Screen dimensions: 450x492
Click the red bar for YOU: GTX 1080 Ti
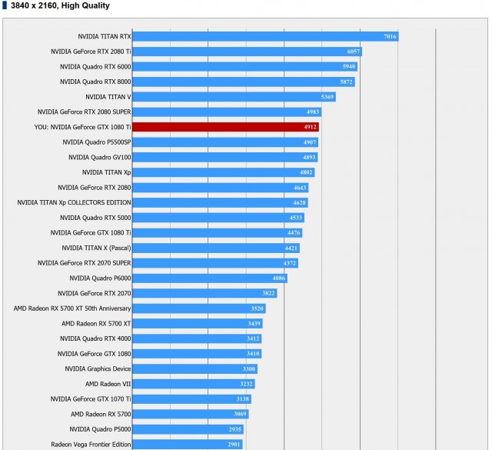pos(226,127)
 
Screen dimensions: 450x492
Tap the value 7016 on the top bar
pos(390,36)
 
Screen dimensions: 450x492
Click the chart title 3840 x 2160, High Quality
pos(60,5)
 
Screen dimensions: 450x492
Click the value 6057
pos(354,52)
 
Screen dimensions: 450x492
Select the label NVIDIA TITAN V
pos(108,97)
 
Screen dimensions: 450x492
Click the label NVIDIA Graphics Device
pos(98,368)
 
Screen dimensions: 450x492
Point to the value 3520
pos(258,308)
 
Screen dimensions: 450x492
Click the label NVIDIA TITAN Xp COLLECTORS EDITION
pos(74,202)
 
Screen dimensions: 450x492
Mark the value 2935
pos(235,429)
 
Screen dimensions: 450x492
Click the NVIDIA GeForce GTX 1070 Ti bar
pos(192,398)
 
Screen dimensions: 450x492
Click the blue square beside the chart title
pos(5,5)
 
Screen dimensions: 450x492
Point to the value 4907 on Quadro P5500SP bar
pos(310,142)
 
